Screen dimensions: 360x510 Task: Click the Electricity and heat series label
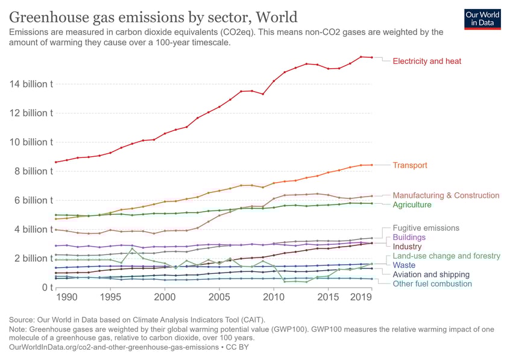[427, 61]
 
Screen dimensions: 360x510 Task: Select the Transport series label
[410, 165]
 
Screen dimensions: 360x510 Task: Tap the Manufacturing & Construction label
[445, 195]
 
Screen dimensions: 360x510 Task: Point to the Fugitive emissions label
[426, 228]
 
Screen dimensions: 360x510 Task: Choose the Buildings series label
[409, 238]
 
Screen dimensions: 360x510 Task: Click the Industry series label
[407, 247]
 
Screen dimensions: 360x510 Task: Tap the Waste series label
[403, 265]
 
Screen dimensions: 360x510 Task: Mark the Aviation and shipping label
[431, 274]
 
